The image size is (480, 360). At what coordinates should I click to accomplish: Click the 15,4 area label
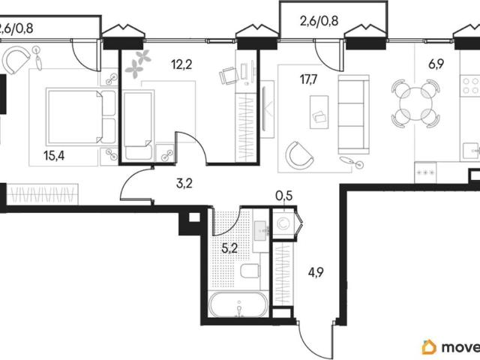click(x=54, y=156)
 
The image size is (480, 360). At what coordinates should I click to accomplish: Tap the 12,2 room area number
click(x=181, y=64)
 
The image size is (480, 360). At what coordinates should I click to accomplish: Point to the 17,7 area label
click(x=309, y=79)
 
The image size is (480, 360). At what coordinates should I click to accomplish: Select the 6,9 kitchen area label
click(x=436, y=64)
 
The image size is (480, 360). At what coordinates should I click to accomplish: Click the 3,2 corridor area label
click(x=184, y=183)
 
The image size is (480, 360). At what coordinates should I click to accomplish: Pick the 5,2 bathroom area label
click(x=229, y=248)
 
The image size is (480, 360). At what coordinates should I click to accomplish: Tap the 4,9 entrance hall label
click(x=316, y=271)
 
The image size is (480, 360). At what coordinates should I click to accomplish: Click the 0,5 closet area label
click(x=284, y=196)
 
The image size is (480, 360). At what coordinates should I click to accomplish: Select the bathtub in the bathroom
click(x=238, y=305)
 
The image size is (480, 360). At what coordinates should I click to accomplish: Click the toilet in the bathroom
click(x=250, y=271)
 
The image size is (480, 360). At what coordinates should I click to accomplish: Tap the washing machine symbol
click(x=283, y=223)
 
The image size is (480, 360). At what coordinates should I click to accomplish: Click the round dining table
click(x=416, y=103)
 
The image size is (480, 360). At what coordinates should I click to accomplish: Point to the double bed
click(x=81, y=116)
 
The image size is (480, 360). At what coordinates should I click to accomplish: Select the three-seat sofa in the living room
click(x=353, y=115)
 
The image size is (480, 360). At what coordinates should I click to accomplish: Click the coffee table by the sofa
click(x=319, y=112)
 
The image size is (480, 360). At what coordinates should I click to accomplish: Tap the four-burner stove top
click(x=470, y=86)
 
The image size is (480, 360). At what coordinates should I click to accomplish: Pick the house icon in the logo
click(x=429, y=346)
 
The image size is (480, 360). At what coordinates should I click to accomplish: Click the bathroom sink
click(x=261, y=231)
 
